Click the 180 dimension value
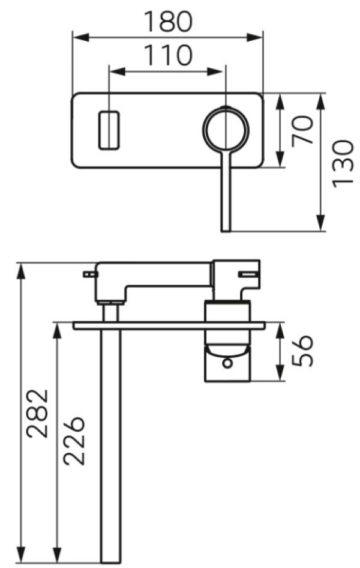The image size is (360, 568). (x=167, y=21)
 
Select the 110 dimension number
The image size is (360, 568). (x=167, y=55)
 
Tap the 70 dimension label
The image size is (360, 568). (x=302, y=130)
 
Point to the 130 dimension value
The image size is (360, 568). (x=342, y=163)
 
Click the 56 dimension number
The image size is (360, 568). (x=302, y=351)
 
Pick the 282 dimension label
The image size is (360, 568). (x=38, y=413)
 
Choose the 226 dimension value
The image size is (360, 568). (x=74, y=441)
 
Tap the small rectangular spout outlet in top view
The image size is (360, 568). (x=109, y=130)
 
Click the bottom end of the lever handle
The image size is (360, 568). (x=226, y=231)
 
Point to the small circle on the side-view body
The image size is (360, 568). (x=227, y=363)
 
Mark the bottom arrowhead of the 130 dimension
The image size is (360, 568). (x=320, y=223)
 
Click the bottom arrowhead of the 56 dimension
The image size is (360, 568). (x=280, y=373)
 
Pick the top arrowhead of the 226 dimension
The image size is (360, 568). (x=57, y=331)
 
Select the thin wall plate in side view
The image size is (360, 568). (x=169, y=325)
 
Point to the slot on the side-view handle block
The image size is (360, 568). (x=248, y=274)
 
